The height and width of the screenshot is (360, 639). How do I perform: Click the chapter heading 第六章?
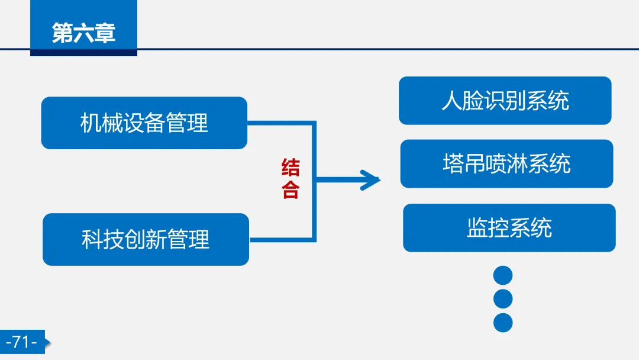[83, 33]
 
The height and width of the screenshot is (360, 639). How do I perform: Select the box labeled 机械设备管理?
[144, 123]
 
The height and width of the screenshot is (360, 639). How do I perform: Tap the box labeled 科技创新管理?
[146, 239]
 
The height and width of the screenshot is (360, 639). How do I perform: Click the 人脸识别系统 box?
[505, 101]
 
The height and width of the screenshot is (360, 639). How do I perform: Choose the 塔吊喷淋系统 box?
[506, 163]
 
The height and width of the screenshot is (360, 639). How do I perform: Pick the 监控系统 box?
[509, 228]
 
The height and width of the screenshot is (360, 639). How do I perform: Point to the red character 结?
[291, 168]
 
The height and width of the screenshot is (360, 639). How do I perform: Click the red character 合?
[291, 189]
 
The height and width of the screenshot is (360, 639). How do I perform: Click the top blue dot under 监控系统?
[502, 275]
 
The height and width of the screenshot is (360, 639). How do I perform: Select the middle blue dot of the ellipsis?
[502, 299]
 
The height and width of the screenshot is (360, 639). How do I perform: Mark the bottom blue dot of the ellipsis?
[502, 323]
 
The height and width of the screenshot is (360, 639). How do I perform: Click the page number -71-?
[21, 342]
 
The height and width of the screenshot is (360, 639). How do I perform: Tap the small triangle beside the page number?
[48, 342]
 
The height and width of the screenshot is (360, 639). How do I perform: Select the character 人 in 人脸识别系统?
[452, 101]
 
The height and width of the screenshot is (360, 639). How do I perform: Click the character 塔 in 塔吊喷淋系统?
[453, 163]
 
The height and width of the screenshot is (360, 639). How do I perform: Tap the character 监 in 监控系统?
[477, 228]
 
